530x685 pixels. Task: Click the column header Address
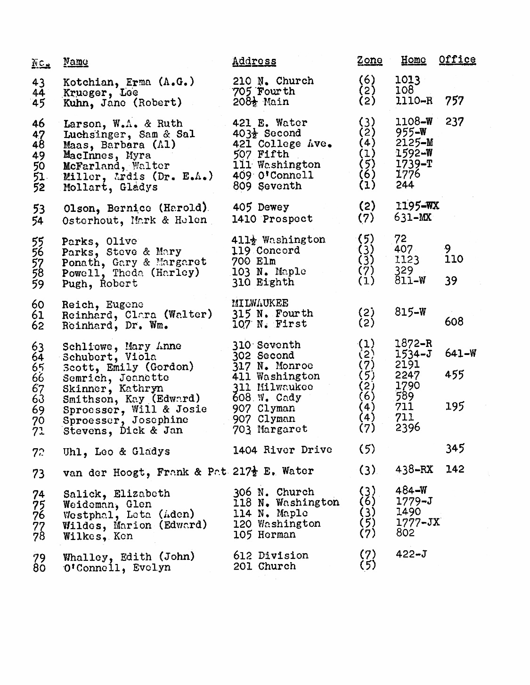tap(254, 61)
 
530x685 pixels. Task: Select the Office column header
tap(457, 60)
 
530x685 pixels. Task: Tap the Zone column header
tap(369, 60)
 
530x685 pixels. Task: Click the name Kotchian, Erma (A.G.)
tap(129, 82)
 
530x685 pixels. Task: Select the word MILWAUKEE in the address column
tap(260, 303)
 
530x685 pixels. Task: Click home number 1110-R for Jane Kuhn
tap(414, 101)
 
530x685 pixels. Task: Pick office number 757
tap(454, 101)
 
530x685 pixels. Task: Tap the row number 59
tap(38, 284)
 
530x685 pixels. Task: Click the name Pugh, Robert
tap(100, 284)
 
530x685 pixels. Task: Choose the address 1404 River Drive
tap(282, 450)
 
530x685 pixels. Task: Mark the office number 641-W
tap(460, 353)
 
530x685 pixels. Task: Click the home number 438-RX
tap(414, 469)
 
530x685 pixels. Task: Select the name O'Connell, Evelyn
tap(117, 568)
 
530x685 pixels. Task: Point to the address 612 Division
tap(271, 556)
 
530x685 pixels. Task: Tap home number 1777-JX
tap(417, 523)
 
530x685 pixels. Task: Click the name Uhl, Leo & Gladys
tap(116, 451)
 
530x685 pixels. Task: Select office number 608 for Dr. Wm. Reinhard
tap(454, 322)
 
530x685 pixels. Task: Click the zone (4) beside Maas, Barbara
tap(367, 143)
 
